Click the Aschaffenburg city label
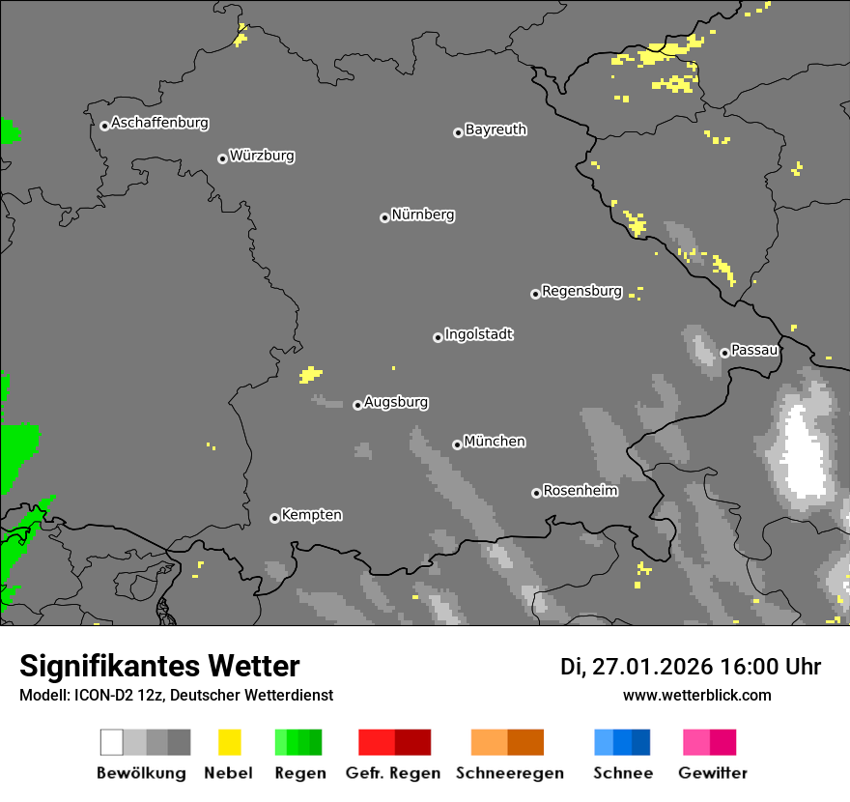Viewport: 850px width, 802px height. [159, 123]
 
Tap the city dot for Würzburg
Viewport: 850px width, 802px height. [222, 158]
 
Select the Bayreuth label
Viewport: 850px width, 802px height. [496, 129]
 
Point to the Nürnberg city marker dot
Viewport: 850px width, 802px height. [384, 217]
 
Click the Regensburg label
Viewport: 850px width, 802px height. [581, 291]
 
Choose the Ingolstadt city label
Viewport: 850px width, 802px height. [478, 334]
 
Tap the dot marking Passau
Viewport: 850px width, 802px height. [724, 353]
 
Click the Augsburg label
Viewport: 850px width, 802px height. [396, 402]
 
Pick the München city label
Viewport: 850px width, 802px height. [495, 442]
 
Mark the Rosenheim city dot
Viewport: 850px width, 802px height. [536, 493]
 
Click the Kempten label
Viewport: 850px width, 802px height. [311, 515]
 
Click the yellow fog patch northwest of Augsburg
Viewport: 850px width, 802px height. [310, 374]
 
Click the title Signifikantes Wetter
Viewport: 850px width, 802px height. [159, 666]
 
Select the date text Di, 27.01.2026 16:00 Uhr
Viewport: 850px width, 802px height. [691, 667]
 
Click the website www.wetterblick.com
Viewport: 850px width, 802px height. [696, 695]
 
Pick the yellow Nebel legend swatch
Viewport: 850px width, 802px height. [230, 742]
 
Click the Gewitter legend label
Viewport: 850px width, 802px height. [712, 773]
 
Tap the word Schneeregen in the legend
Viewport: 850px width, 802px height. [509, 773]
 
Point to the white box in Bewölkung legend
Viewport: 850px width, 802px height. [111, 742]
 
